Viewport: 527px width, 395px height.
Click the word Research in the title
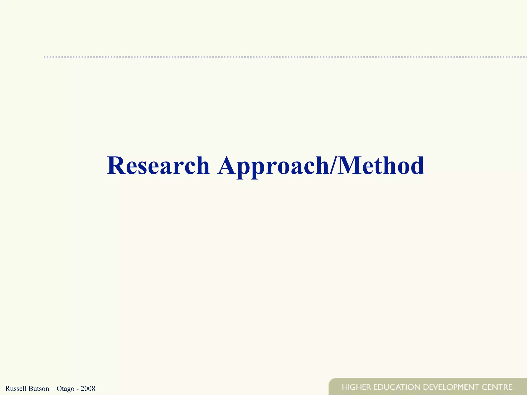pyautogui.click(x=158, y=166)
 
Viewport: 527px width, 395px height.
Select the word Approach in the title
pyautogui.click(x=273, y=166)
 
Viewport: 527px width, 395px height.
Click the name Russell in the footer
pyautogui.click(x=15, y=388)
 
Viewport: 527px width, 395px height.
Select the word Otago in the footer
pyautogui.click(x=65, y=389)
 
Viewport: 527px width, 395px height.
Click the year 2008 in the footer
pyautogui.click(x=88, y=388)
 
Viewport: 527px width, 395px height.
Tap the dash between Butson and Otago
pyautogui.click(x=53, y=389)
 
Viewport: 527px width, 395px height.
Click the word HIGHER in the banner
pyautogui.click(x=356, y=387)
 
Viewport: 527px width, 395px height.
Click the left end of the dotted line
pyautogui.click(x=45, y=57)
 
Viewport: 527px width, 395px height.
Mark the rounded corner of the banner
pyautogui.click(x=331, y=381)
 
